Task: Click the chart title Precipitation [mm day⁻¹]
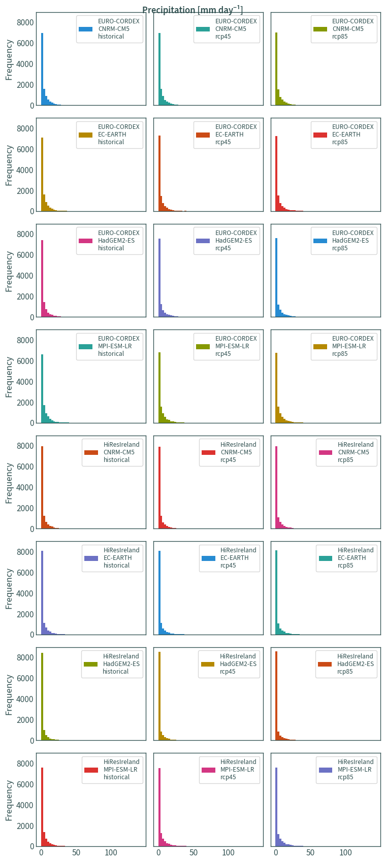(x=192, y=10)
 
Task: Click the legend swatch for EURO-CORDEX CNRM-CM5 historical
(x=85, y=29)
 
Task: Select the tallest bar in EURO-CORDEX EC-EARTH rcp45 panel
(x=159, y=173)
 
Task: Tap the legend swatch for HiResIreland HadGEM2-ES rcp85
(x=325, y=664)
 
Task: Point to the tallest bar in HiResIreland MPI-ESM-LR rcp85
(x=276, y=807)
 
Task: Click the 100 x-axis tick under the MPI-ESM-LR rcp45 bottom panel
(x=228, y=852)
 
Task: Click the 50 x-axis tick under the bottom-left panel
(x=76, y=852)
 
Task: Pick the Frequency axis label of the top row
(x=9, y=59)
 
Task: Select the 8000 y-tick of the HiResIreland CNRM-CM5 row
(x=25, y=446)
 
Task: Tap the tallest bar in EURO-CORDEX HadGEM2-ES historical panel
(x=42, y=279)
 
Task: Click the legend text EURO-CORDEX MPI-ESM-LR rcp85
(x=352, y=346)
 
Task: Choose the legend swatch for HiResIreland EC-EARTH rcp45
(x=208, y=558)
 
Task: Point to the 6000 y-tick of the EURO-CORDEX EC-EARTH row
(x=25, y=149)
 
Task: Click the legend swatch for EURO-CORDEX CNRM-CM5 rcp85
(x=320, y=29)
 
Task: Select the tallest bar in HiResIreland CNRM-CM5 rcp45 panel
(x=159, y=487)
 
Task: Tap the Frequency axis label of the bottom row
(x=9, y=801)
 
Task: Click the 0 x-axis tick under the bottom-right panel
(x=276, y=852)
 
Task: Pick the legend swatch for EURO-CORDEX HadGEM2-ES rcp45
(x=203, y=241)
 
